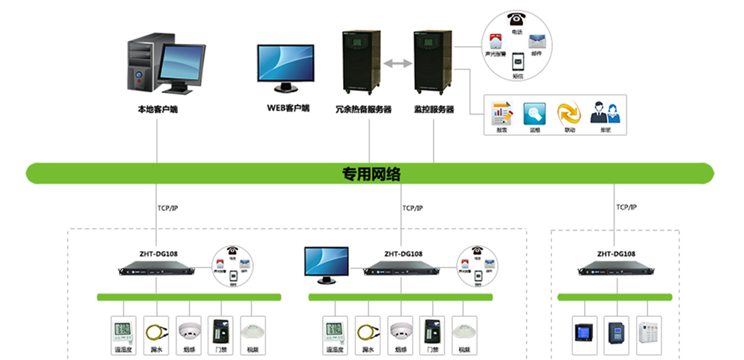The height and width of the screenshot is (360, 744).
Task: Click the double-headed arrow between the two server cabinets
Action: pyautogui.click(x=397, y=65)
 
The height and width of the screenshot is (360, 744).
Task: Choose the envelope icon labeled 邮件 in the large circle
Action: pyautogui.click(x=537, y=41)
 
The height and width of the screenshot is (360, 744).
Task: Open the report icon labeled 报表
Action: pyautogui.click(x=502, y=113)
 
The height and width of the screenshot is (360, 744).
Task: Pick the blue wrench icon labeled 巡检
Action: pyautogui.click(x=534, y=113)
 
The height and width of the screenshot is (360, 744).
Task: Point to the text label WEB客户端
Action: pyautogui.click(x=288, y=109)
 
